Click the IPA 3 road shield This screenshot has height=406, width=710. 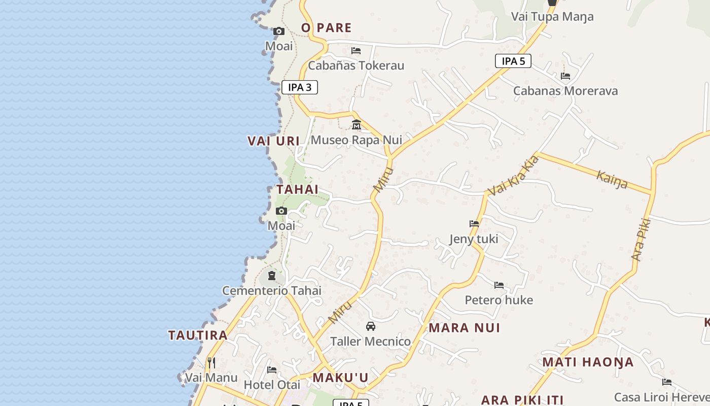point(300,87)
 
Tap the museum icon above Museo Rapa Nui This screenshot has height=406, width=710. point(357,124)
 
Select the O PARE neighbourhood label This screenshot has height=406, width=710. point(326,28)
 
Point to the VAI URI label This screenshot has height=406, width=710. point(274,141)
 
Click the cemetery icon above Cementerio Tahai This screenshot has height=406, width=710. point(272,276)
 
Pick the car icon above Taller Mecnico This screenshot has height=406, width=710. point(371,326)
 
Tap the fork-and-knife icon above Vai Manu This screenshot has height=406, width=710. point(211,362)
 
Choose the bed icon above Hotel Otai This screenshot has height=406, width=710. point(272,370)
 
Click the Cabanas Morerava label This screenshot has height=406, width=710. point(565,91)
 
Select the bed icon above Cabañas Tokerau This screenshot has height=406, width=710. point(356,51)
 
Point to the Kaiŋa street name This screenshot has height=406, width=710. point(612,179)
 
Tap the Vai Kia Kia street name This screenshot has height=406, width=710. point(513,176)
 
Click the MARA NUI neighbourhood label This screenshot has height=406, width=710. point(465,328)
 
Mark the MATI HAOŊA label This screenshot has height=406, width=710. point(588,362)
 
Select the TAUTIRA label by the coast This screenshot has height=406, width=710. point(198,335)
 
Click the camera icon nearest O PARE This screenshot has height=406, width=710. point(278,31)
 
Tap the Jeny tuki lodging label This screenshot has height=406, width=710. point(474,239)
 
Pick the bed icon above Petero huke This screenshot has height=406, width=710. point(499,285)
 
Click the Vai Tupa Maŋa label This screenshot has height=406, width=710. point(552,17)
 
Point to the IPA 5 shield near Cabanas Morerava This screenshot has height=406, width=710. point(513,61)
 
